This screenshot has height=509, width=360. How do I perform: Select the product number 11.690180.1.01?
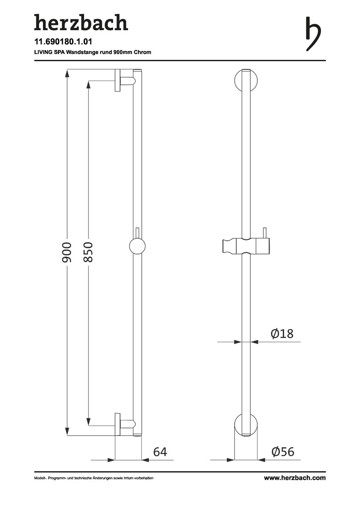coord(63,41)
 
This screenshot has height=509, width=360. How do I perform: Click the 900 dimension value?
coord(67,252)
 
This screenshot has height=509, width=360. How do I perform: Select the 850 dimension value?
coord(88,252)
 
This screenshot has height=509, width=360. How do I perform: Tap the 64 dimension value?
coord(160,452)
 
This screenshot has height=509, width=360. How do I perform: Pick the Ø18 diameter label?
coord(282,333)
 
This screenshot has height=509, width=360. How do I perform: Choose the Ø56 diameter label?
coord(283,452)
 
